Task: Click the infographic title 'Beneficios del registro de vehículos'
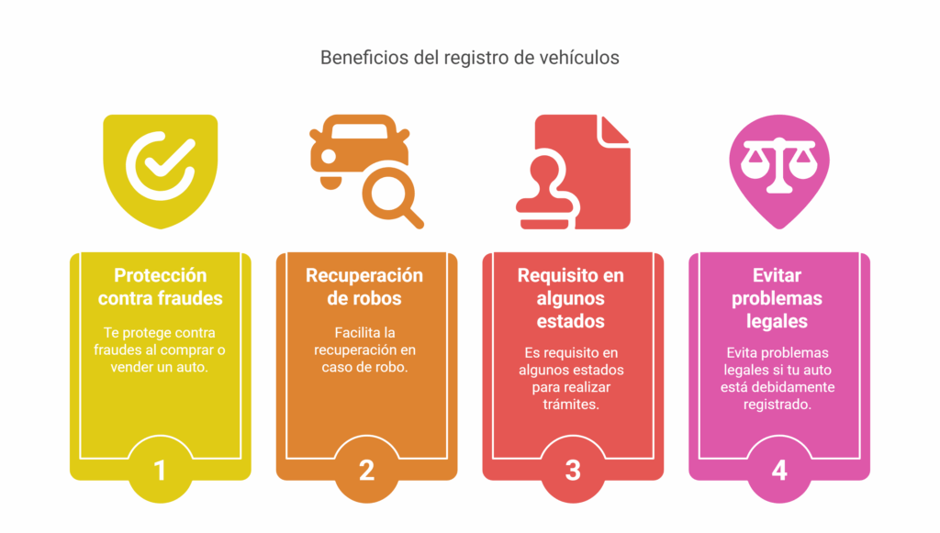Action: (x=469, y=58)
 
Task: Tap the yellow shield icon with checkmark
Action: (x=160, y=172)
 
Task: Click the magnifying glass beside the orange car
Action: (x=392, y=195)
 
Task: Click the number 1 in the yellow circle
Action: (x=160, y=471)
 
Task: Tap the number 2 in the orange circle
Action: (x=366, y=471)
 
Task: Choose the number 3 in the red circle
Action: (x=573, y=471)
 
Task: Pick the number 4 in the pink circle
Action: (x=778, y=471)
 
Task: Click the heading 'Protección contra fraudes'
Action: (x=160, y=287)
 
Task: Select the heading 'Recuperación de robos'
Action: (x=364, y=287)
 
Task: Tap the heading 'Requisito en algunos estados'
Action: (x=571, y=298)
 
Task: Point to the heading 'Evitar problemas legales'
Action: (x=777, y=298)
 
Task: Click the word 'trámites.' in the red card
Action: (x=571, y=405)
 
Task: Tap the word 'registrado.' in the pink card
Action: (x=777, y=405)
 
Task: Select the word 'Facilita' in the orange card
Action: (x=356, y=332)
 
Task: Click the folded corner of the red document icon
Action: (x=612, y=130)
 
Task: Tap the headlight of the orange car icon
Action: (x=329, y=156)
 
